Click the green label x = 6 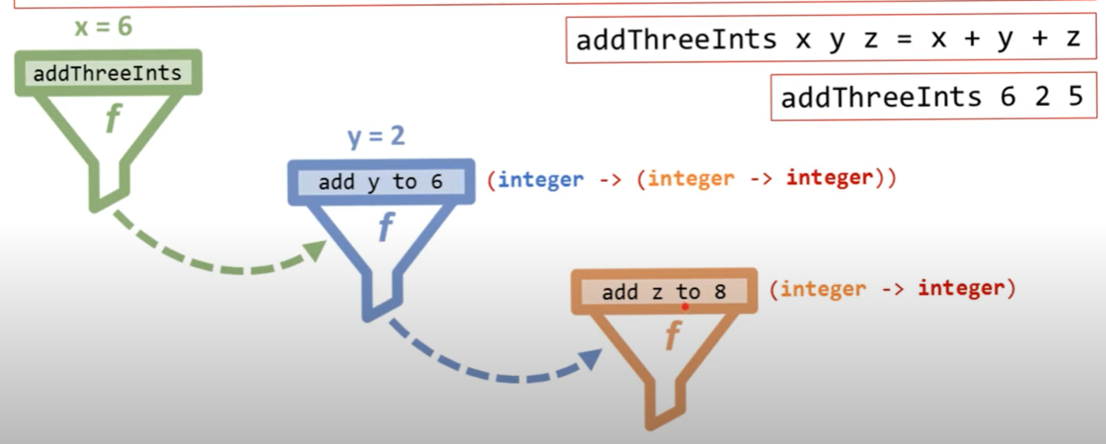pyautogui.click(x=103, y=27)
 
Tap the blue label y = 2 pyautogui.click(x=376, y=136)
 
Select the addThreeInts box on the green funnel pyautogui.click(x=107, y=73)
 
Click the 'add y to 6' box pyautogui.click(x=381, y=182)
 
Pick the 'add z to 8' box pyautogui.click(x=663, y=292)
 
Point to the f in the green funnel pyautogui.click(x=112, y=121)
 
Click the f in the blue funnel pyautogui.click(x=386, y=228)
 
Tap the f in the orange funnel pyautogui.click(x=672, y=335)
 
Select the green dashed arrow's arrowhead pyautogui.click(x=316, y=249)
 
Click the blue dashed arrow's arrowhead pyautogui.click(x=591, y=359)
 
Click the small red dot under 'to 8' pyautogui.click(x=685, y=306)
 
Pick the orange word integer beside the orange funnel pyautogui.click(x=822, y=289)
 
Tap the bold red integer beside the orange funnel pyautogui.click(x=960, y=288)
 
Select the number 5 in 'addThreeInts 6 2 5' pyautogui.click(x=1075, y=97)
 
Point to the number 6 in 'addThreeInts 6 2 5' pyautogui.click(x=1007, y=97)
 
